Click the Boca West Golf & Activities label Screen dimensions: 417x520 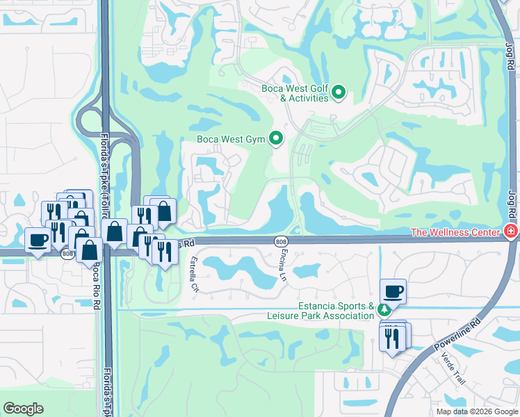pos(295,93)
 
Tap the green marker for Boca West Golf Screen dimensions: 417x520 pos(339,92)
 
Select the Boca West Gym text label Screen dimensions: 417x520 pos(231,139)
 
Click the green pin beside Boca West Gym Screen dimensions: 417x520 pos(277,139)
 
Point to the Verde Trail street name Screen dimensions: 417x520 pos(452,370)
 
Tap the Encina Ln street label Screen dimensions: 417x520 pos(284,266)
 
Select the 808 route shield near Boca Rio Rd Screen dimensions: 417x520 pos(67,254)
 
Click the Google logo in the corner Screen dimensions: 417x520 pos(24,408)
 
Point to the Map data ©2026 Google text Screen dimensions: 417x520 pos(476,411)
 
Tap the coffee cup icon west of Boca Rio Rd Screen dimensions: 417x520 pos(38,240)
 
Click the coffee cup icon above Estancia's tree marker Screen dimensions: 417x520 pos(393,291)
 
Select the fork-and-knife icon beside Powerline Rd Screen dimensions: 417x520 pos(392,337)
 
